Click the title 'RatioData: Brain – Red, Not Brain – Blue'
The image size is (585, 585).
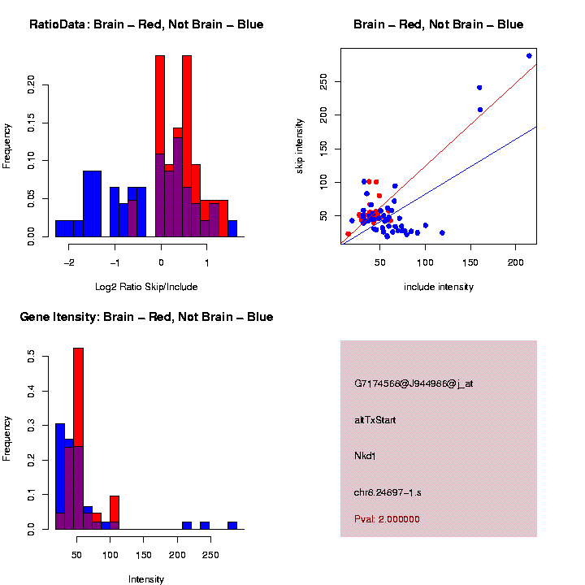[146, 24]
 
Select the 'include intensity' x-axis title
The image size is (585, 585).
[439, 287]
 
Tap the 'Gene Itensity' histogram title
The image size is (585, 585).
[146, 317]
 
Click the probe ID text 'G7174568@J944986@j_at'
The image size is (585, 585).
[414, 383]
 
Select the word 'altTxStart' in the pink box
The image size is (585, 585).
[375, 420]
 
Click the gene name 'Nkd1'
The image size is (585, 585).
[366, 457]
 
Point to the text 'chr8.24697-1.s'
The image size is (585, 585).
[388, 492]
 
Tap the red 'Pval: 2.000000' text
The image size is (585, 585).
[387, 519]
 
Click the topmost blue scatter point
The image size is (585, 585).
[529, 56]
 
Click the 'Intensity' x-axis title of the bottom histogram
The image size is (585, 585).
[146, 579]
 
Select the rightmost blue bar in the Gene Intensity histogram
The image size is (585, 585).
[232, 525]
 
